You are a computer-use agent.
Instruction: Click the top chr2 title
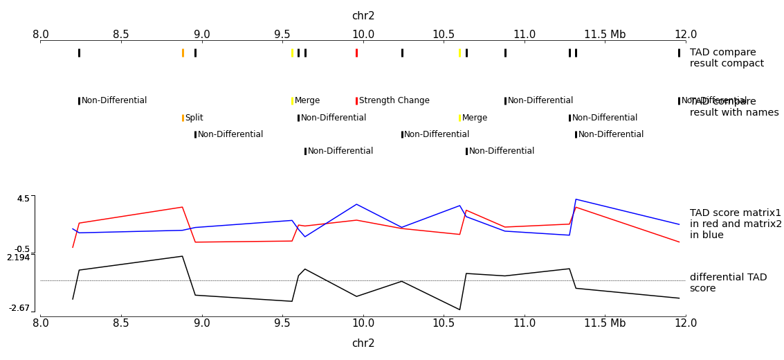coord(363,16)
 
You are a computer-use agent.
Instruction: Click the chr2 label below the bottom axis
coord(363,343)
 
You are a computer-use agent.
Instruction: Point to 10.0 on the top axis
coord(363,35)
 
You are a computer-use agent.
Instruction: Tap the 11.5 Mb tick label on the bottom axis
coord(605,323)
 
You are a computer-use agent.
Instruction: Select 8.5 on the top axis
coord(121,35)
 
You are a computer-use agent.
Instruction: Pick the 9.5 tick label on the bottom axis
coord(282,323)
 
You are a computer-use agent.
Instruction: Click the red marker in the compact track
coord(356,53)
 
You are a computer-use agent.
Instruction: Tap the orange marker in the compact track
coord(183,53)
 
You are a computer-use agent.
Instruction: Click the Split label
coord(194,118)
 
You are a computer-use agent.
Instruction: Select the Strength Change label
coord(394,100)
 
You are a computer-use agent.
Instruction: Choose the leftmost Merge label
coord(307,100)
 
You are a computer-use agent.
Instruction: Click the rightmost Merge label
coord(475,118)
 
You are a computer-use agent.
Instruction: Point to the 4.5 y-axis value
coord(24,199)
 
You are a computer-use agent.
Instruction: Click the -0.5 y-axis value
coord(22,249)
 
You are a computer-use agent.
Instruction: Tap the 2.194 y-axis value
coord(19,258)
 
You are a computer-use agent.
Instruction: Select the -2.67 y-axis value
coord(19,308)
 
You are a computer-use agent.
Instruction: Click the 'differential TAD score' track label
coord(728,282)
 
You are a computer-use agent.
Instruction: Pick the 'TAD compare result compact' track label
coord(727,58)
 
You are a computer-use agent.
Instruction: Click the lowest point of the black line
coord(459,309)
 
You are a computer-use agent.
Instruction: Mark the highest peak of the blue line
coord(576,199)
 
